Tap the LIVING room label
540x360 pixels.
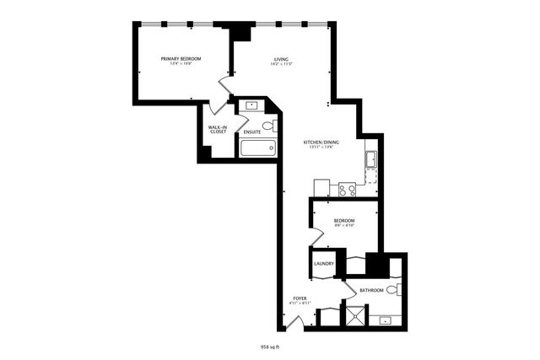281,58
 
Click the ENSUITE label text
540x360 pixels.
251,132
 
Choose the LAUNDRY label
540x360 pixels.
324,264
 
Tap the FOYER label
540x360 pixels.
300,298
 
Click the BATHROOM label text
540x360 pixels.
371,290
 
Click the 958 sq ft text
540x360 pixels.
270,346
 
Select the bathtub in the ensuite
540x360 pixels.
257,148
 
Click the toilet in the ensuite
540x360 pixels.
268,126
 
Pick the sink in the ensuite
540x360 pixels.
250,106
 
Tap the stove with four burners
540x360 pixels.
347,190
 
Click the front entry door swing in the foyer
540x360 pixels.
293,322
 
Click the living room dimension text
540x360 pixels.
281,64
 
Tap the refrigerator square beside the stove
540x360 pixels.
321,187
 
